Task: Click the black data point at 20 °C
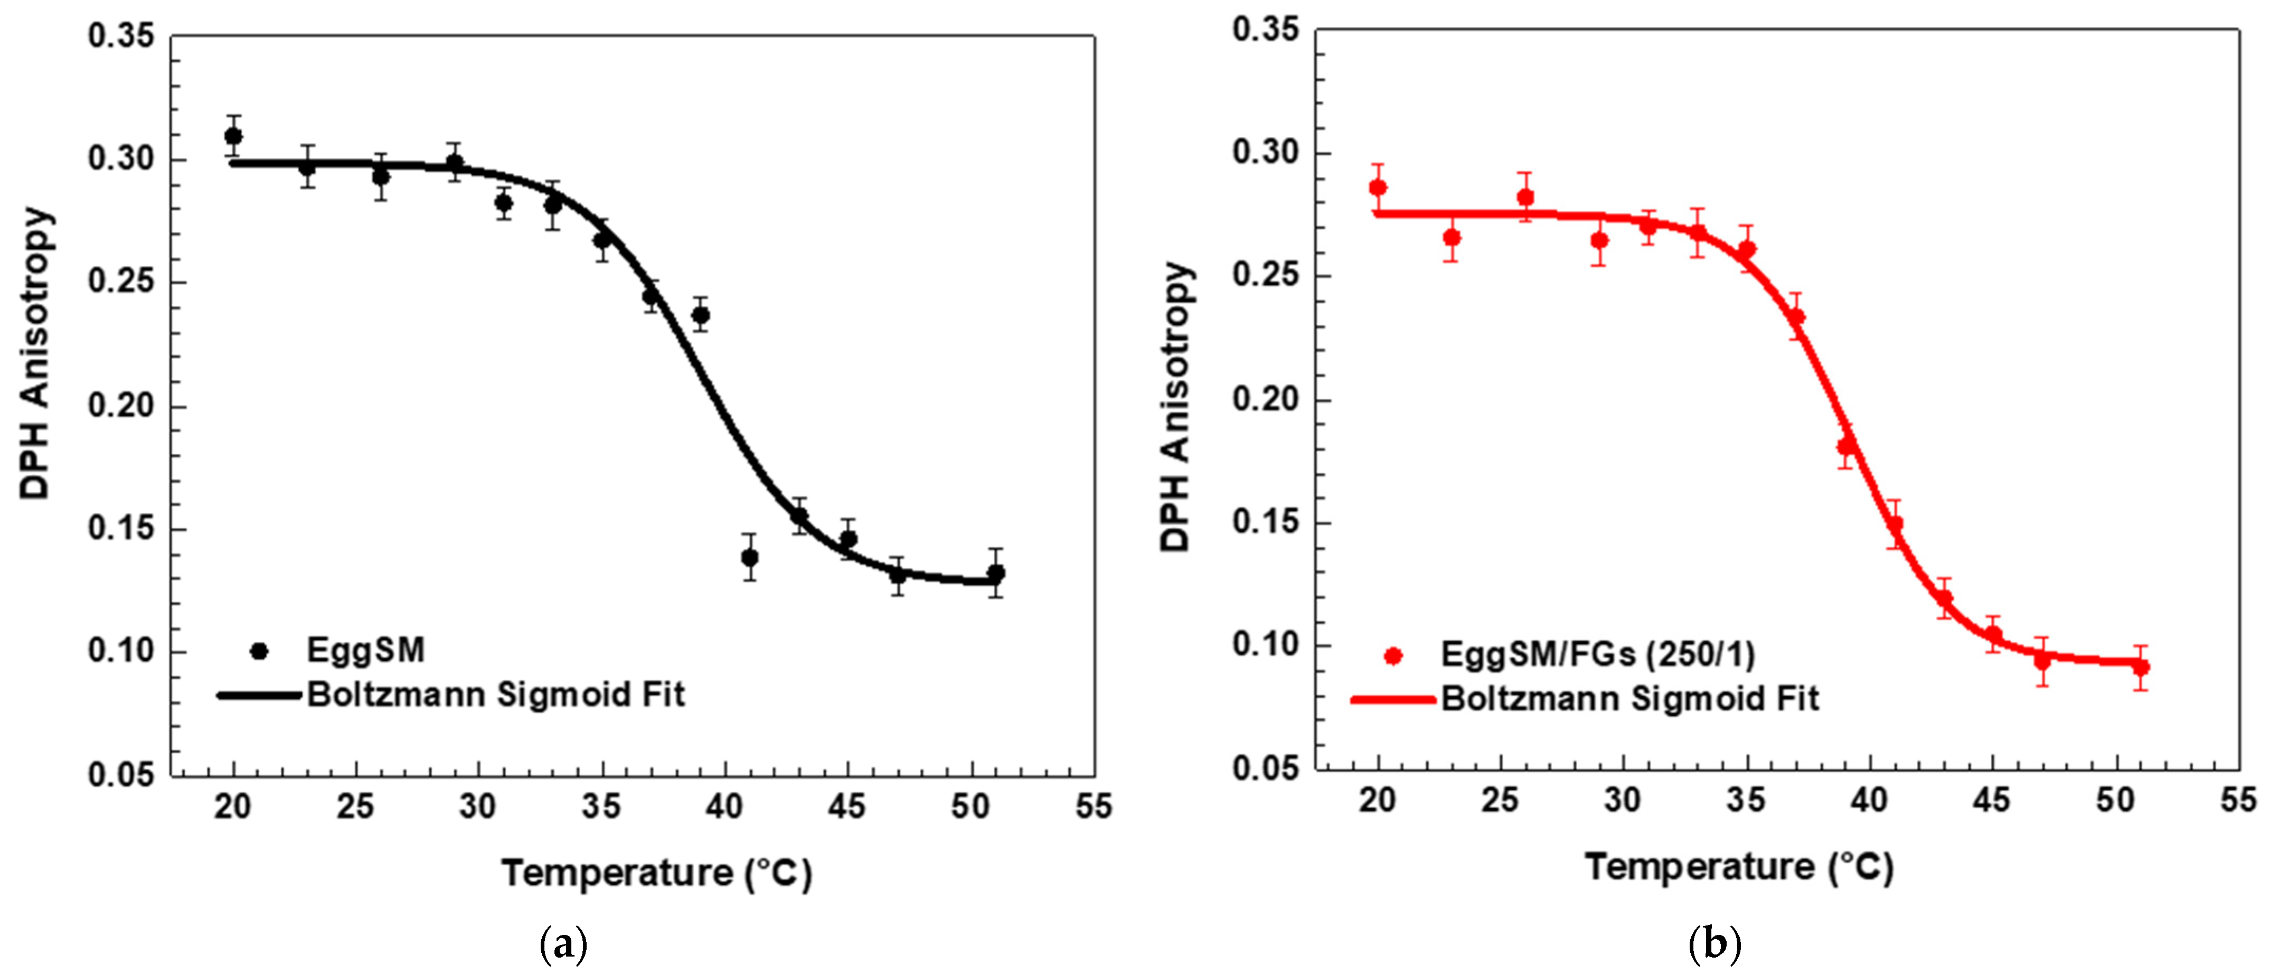233,136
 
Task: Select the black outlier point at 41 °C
750,558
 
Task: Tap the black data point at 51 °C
996,574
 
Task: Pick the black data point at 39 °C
701,315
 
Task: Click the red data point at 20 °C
1378,188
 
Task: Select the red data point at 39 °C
1846,447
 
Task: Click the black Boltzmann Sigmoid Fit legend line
260,696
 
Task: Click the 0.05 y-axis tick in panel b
1265,769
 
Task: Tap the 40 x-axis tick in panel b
1868,800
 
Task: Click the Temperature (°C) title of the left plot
656,874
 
